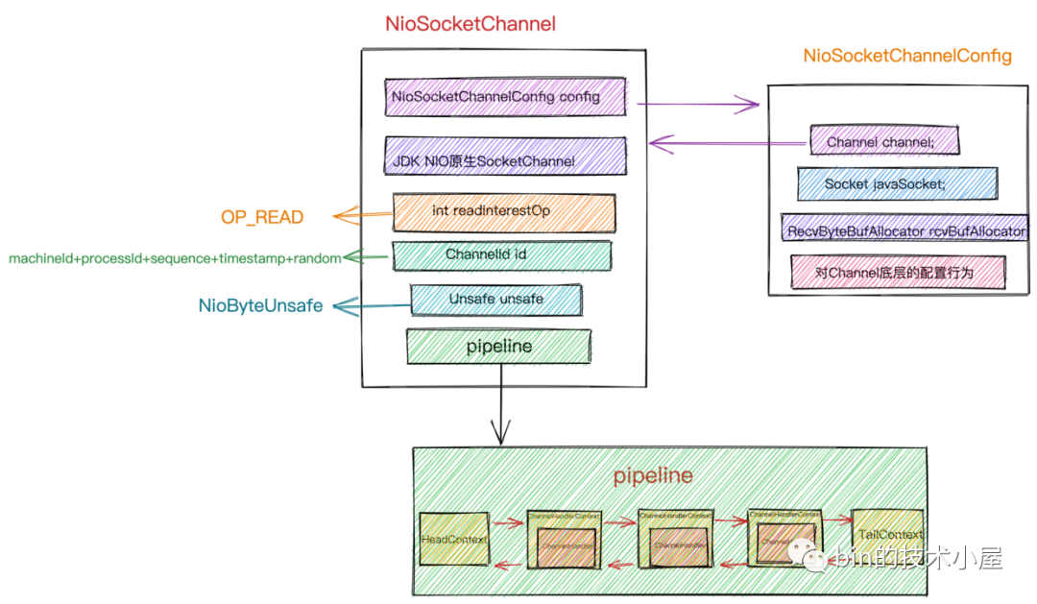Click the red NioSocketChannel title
pyautogui.click(x=470, y=25)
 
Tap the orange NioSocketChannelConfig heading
pyautogui.click(x=907, y=56)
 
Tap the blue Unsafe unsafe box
pyautogui.click(x=495, y=300)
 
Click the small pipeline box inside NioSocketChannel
pyautogui.click(x=499, y=346)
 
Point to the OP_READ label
pyautogui.click(x=262, y=218)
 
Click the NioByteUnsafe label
pyautogui.click(x=260, y=306)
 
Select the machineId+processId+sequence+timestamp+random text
pyautogui.click(x=175, y=258)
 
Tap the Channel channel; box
pyautogui.click(x=884, y=141)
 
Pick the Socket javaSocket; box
pyautogui.click(x=897, y=183)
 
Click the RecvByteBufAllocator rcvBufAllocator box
pyautogui.click(x=904, y=230)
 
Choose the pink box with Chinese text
pyautogui.click(x=897, y=273)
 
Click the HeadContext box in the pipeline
pyautogui.click(x=454, y=539)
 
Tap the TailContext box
pyautogui.click(x=887, y=535)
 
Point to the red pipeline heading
pyautogui.click(x=653, y=475)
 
